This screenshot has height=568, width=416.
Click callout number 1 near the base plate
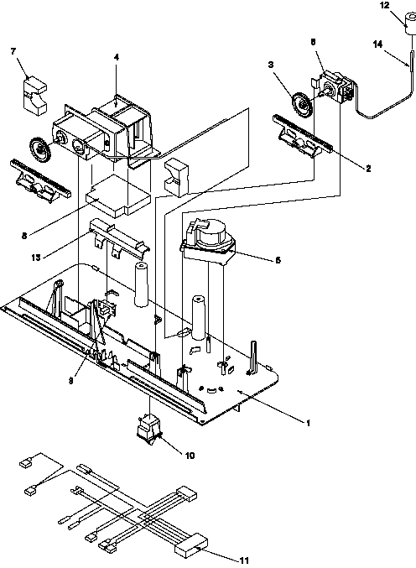pyautogui.click(x=307, y=422)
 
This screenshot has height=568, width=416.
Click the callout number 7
pyautogui.click(x=13, y=51)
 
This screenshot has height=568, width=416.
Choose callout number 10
pyautogui.click(x=190, y=456)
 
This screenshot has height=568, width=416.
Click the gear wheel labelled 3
pyautogui.click(x=299, y=110)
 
